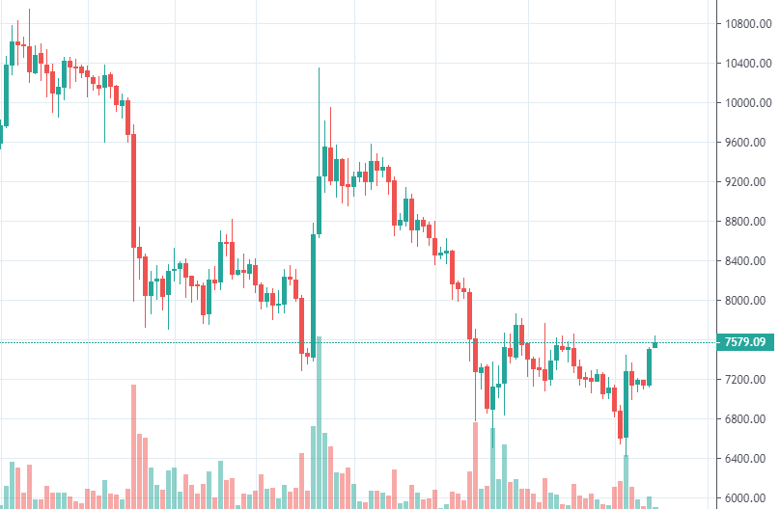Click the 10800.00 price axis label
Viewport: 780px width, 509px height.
(748, 23)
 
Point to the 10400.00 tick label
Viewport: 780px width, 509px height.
(748, 63)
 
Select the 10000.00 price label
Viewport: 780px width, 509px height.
(748, 102)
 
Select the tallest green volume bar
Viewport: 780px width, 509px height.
(319, 424)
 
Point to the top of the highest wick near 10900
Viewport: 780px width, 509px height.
(29, 10)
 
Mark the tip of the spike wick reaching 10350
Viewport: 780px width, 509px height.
(319, 68)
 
